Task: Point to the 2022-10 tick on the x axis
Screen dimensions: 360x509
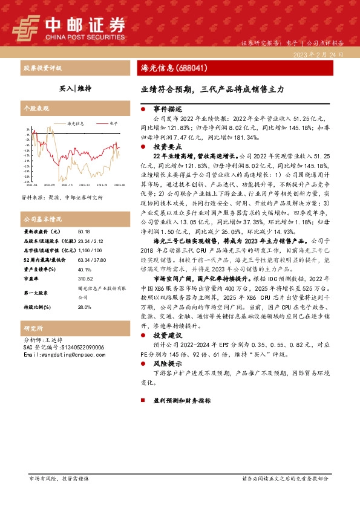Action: click(67, 185)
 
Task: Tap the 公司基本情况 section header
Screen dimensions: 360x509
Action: click(43, 218)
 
